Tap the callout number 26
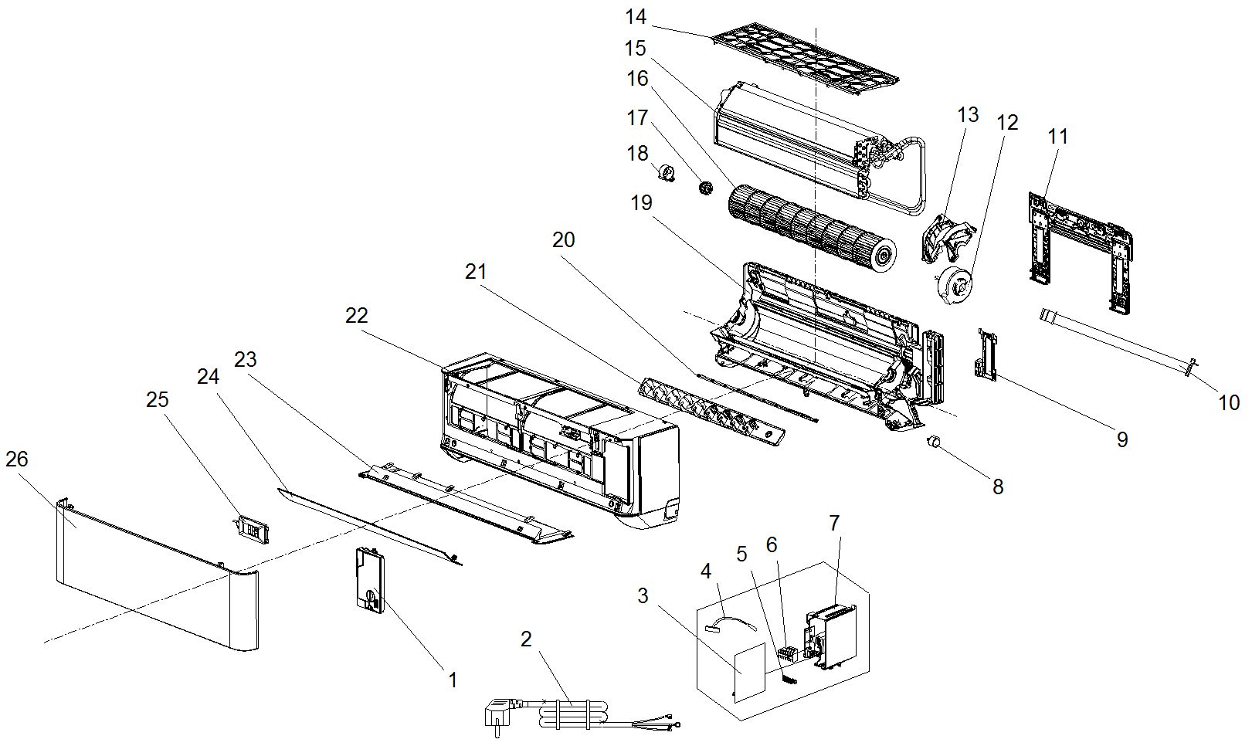(x=17, y=459)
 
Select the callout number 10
(x=1229, y=402)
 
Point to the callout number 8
(x=998, y=487)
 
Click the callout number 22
(x=357, y=315)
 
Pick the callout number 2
(x=527, y=639)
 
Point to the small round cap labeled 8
(x=934, y=442)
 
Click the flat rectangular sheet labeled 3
(x=748, y=672)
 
